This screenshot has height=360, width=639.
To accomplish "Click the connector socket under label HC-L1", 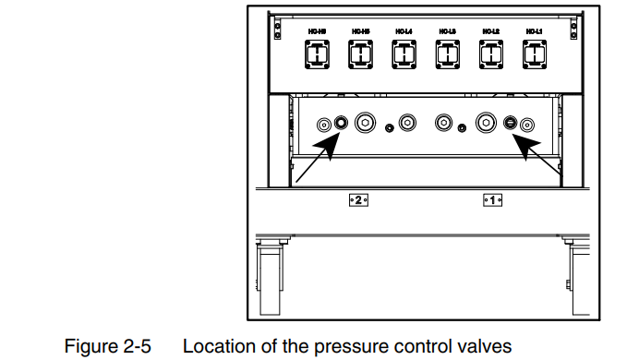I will tap(530, 56).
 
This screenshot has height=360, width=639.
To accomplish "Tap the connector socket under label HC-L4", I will tap(403, 56).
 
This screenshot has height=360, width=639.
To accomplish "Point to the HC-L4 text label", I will tap(403, 31).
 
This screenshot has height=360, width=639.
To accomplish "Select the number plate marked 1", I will tap(490, 198).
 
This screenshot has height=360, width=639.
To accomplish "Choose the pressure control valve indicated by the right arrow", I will tap(511, 123).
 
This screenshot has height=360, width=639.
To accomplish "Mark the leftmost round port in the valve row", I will tap(323, 123).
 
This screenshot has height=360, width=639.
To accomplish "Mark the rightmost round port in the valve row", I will tap(527, 123).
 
